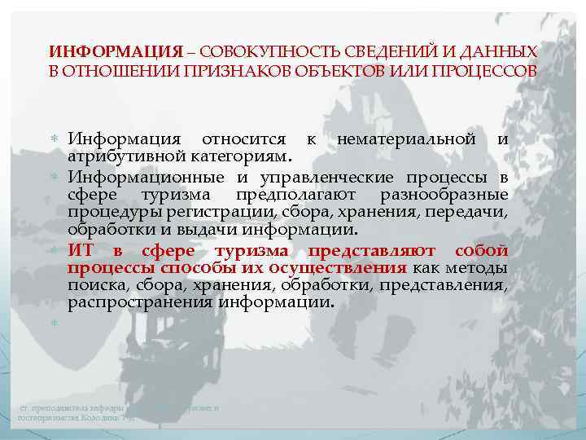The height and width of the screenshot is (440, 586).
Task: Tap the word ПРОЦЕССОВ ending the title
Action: point(485,70)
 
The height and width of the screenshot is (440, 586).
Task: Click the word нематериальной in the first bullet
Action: point(405,139)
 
